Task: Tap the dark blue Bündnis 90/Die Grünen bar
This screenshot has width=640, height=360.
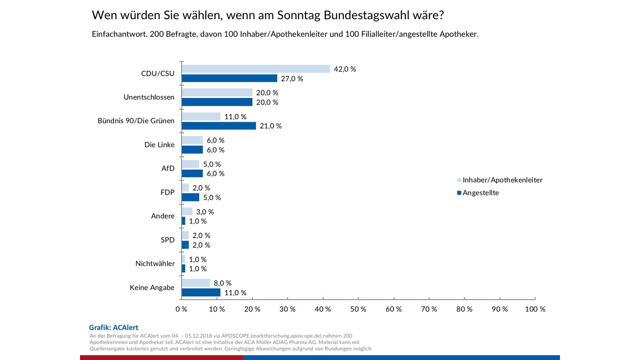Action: click(219, 126)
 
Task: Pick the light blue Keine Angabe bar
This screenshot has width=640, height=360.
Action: click(196, 283)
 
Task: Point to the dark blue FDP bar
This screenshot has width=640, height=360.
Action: click(190, 197)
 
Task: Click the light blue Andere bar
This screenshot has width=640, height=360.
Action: click(187, 212)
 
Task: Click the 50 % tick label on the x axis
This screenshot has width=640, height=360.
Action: click(358, 309)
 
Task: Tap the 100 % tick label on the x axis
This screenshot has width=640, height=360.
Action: click(534, 309)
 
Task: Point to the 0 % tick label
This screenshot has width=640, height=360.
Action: click(181, 309)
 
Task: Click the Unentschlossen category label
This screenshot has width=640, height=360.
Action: click(149, 97)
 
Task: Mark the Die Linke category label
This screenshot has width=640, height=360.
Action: click(159, 145)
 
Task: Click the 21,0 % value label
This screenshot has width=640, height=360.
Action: click(270, 126)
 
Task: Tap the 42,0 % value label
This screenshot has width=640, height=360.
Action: click(345, 69)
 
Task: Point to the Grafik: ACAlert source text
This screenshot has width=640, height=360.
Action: click(114, 327)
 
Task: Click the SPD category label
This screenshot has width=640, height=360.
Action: click(167, 240)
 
